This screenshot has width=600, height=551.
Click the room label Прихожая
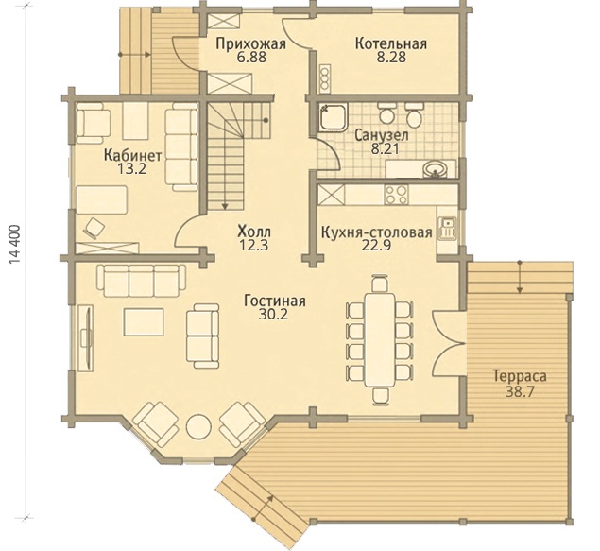pos(250,43)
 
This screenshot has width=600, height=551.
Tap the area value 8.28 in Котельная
pos(391,58)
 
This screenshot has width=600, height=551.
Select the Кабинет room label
pos(132,155)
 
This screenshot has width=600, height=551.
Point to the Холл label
pos(254,232)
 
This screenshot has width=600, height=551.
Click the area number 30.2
pos(273,315)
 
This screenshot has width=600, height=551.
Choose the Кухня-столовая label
pos(376,232)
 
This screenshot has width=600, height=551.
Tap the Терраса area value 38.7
pos(520,392)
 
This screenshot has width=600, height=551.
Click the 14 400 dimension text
pos(15,245)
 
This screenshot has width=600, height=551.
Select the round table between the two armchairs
pos(198,426)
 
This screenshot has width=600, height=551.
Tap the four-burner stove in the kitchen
pos(397,195)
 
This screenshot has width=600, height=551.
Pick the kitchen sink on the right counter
pos(446,228)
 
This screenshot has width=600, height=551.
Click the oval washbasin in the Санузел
pos(436,169)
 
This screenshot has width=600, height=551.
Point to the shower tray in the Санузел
pos(332,116)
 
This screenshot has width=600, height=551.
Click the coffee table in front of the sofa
pos(144,321)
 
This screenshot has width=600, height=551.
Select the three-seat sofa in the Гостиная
pos(141,281)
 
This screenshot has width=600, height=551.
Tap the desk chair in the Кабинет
pos(94,229)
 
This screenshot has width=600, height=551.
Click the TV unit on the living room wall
pos(86,337)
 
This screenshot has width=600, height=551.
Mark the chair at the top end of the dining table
pos(379,284)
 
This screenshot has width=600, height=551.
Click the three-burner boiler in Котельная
pos(325,78)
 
